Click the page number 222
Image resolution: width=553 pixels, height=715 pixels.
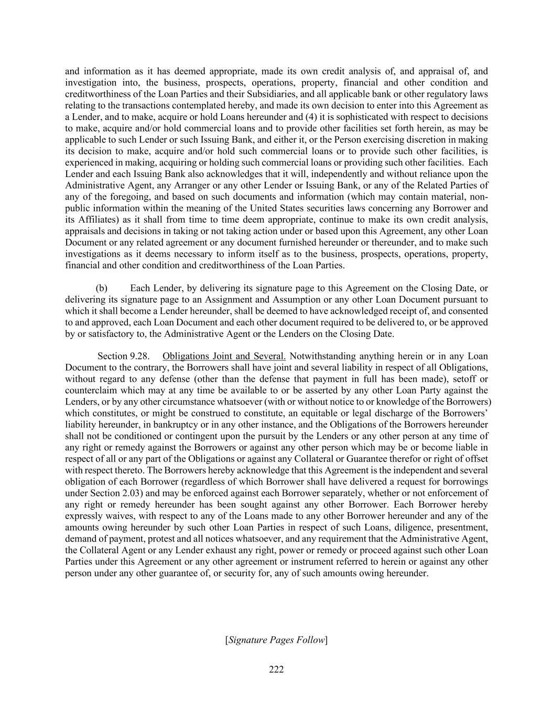[x=276, y=669]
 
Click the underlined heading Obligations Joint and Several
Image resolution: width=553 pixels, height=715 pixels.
[x=224, y=356]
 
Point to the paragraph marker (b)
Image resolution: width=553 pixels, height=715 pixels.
[x=102, y=288]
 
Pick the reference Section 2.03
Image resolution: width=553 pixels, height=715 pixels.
[x=87, y=493]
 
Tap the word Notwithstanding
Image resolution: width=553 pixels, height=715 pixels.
[x=320, y=356]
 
